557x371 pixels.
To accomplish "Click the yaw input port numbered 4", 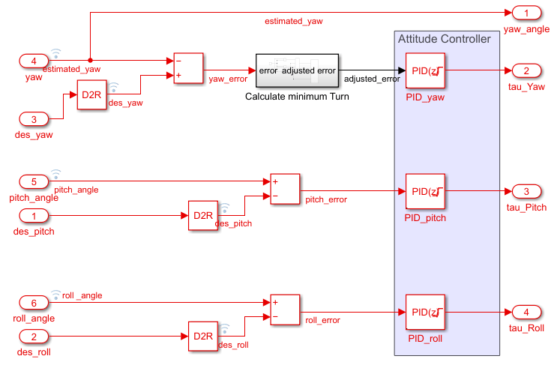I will coord(34,60).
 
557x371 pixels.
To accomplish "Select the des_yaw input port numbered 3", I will coord(34,118).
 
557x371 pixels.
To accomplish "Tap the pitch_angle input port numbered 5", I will coord(34,181).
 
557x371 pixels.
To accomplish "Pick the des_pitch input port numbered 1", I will coord(34,216).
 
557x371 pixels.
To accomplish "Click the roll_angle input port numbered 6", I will coord(34,302).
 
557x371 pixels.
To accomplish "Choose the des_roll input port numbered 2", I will coord(34,337).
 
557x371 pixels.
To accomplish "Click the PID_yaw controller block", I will coord(425,71).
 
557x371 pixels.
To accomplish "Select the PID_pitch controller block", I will coord(425,192).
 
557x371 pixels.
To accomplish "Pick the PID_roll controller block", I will coord(425,313).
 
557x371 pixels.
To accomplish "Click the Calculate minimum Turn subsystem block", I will coord(297,71).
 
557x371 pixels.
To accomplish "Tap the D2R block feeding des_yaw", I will coord(91,95).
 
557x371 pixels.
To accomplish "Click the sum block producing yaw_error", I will coord(188,68).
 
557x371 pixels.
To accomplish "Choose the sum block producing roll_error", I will coord(284,310).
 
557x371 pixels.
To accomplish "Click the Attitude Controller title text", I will coord(444,39).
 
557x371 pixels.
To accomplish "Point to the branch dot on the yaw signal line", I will coord(90,60).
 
